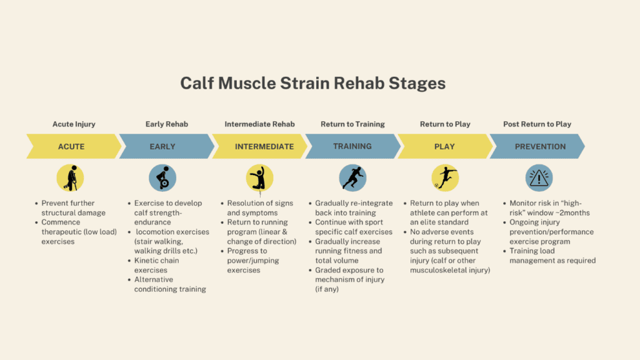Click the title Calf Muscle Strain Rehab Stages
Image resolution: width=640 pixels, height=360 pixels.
pyautogui.click(x=312, y=83)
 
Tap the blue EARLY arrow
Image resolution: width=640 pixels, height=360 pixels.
pyautogui.click(x=166, y=146)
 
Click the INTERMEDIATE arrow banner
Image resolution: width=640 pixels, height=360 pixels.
pyautogui.click(x=259, y=146)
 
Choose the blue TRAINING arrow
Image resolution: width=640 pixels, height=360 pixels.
pyautogui.click(x=352, y=146)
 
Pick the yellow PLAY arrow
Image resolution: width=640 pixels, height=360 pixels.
pyautogui.click(x=445, y=146)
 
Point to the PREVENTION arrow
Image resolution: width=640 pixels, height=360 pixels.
pyautogui.click(x=537, y=146)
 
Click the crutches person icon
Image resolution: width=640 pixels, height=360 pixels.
pyautogui.click(x=70, y=178)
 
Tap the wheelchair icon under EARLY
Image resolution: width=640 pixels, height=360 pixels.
pyautogui.click(x=162, y=178)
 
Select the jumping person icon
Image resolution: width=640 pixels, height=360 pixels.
pyautogui.click(x=259, y=178)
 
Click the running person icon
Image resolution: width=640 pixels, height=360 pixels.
pyautogui.click(x=352, y=178)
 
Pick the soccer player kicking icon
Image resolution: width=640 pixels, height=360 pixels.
pyautogui.click(x=445, y=178)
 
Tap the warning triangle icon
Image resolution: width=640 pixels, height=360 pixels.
pyautogui.click(x=539, y=178)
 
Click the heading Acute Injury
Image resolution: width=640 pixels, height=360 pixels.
pyautogui.click(x=74, y=124)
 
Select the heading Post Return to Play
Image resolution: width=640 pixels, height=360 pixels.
pyautogui.click(x=537, y=124)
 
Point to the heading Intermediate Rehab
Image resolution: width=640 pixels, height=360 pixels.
pyautogui.click(x=259, y=124)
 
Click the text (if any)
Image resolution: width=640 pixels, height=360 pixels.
pyautogui.click(x=327, y=289)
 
